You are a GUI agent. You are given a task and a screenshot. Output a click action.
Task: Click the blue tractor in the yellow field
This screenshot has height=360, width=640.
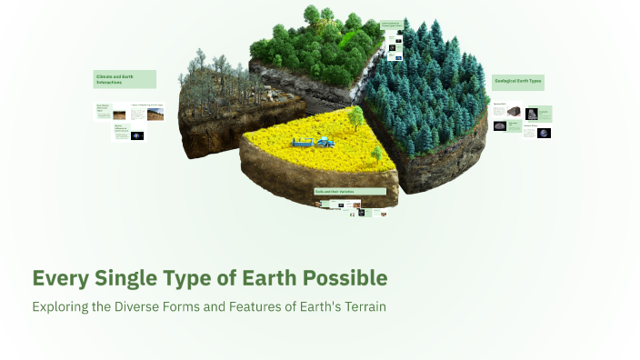[324, 141]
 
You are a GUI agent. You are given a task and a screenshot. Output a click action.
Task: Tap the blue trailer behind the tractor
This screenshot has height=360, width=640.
[303, 142]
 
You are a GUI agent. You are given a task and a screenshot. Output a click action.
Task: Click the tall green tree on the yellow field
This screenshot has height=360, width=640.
[355, 116]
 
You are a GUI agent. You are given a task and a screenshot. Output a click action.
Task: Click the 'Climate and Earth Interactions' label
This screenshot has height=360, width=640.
[125, 80]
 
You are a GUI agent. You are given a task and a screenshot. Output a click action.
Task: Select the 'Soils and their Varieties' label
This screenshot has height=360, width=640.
[350, 192]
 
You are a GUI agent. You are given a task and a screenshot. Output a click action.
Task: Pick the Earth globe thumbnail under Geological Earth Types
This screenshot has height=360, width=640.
[544, 133]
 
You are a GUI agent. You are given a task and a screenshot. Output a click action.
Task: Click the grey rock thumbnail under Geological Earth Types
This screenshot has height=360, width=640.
[514, 111]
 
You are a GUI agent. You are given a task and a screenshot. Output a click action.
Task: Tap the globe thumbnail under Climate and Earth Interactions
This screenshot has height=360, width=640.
[137, 135]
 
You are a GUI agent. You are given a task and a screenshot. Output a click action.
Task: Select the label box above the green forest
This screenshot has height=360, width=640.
[392, 26]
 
